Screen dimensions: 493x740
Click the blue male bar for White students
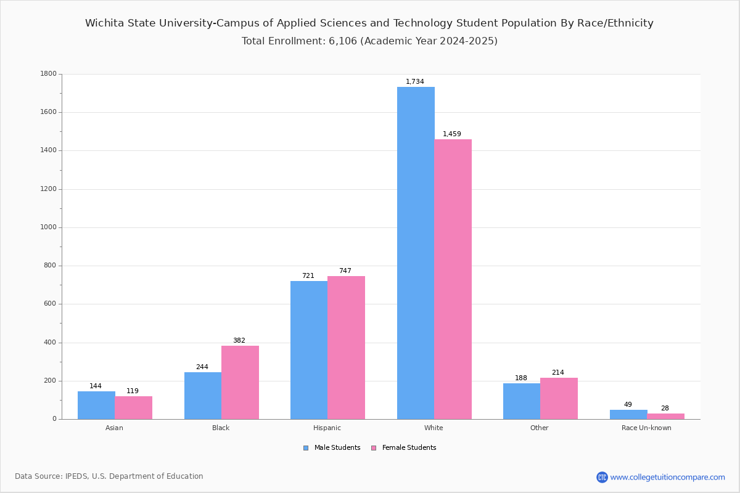tap(416, 253)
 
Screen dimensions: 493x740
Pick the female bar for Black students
tap(240, 382)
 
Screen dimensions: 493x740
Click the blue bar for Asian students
tap(96, 405)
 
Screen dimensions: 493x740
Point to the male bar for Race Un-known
tap(628, 414)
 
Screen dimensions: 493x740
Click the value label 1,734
tap(415, 82)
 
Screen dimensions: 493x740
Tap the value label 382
tap(239, 341)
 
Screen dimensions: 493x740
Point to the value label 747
tap(345, 271)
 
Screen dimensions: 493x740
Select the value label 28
tap(665, 409)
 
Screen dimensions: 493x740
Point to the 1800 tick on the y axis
tap(48, 74)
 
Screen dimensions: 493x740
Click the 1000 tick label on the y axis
tap(48, 227)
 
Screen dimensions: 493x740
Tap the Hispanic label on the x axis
tap(327, 428)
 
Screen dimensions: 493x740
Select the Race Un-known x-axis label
tap(646, 428)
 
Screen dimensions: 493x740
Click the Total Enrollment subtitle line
tap(369, 41)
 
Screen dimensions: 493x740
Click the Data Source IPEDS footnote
tap(109, 476)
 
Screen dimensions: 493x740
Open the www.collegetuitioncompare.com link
tap(667, 477)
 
